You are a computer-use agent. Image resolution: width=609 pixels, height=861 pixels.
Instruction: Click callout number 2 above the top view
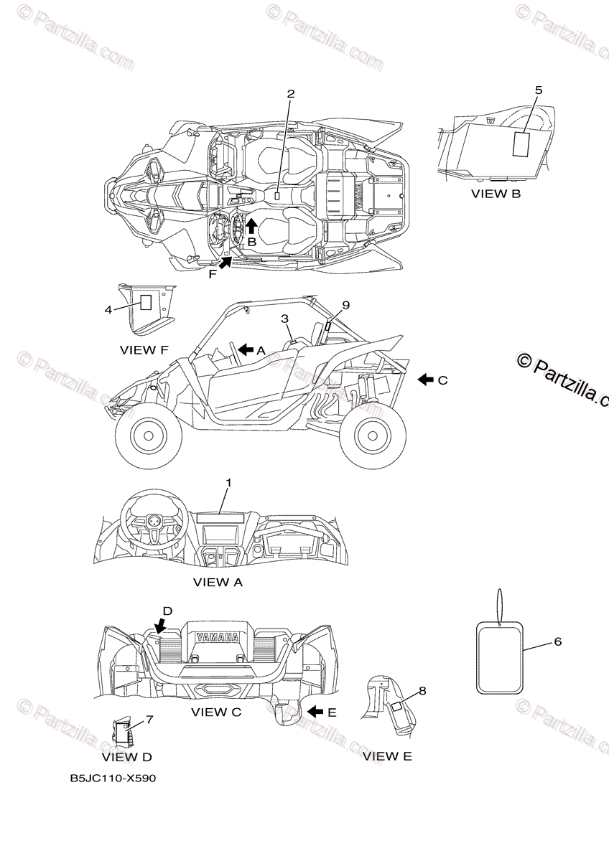pyautogui.click(x=291, y=94)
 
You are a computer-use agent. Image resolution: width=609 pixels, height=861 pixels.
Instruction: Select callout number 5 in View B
pyautogui.click(x=539, y=90)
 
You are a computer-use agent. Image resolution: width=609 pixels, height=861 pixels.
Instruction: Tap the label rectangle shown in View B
pyautogui.click(x=521, y=143)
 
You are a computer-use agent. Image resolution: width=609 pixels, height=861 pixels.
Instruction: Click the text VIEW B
pyautogui.click(x=496, y=194)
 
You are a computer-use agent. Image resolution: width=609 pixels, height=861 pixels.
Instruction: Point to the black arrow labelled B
pyautogui.click(x=251, y=226)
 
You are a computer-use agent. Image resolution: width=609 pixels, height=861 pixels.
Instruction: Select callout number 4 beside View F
pyautogui.click(x=108, y=309)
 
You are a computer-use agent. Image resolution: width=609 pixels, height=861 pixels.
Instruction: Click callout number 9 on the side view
pyautogui.click(x=345, y=305)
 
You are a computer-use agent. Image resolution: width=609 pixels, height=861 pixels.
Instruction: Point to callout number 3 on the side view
pyautogui.click(x=284, y=318)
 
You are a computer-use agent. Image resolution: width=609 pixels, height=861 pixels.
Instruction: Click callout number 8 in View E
pyautogui.click(x=422, y=691)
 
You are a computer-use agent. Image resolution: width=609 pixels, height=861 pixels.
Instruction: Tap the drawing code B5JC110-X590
pyautogui.click(x=113, y=778)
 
